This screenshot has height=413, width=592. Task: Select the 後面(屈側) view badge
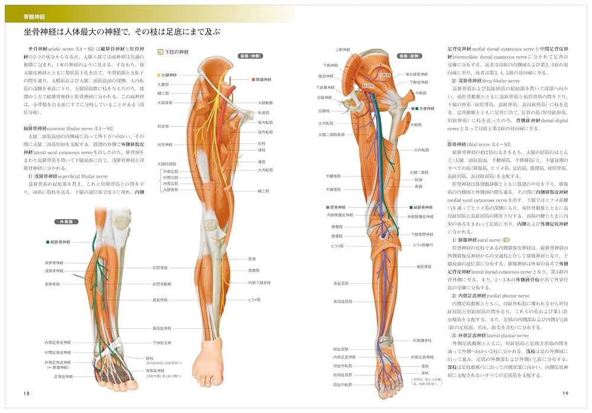410,56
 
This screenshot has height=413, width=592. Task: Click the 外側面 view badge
62,222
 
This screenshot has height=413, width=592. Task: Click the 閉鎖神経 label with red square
263,79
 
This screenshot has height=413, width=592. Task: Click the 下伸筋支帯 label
162,342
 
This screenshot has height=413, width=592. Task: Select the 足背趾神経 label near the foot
63,376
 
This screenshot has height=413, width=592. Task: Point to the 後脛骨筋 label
426,267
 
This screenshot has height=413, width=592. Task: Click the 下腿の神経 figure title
177,52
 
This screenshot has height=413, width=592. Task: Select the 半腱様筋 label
334,176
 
